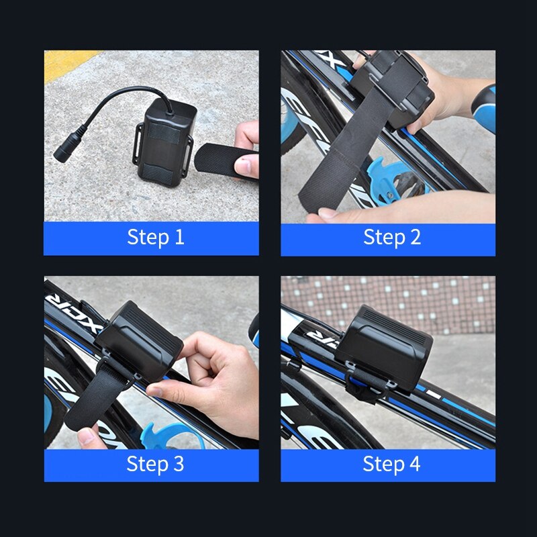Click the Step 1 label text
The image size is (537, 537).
(155, 237)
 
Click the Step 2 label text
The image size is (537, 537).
(392, 237)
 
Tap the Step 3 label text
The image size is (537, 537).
(155, 464)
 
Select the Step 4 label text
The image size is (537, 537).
(392, 464)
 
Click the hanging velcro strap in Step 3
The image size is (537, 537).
(94, 403)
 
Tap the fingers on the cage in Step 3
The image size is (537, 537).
(91, 437)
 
